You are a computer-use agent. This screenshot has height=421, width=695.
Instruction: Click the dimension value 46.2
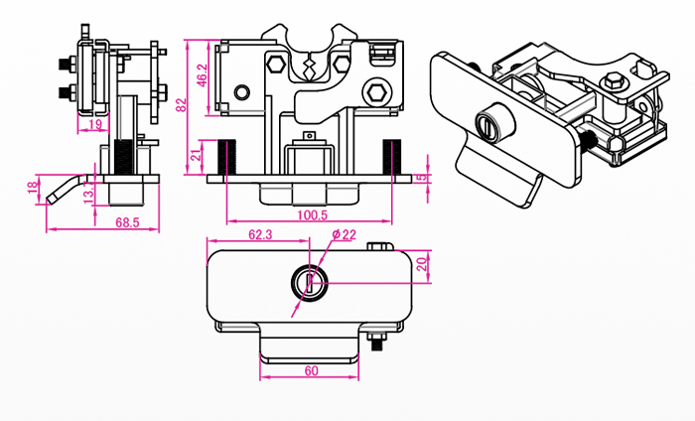202,73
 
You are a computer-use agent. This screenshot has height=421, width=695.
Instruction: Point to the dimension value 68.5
126,222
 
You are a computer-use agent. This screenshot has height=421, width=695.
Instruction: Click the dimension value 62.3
260,234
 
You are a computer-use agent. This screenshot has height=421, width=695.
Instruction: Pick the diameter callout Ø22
345,234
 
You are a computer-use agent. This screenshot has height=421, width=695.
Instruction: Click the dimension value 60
310,369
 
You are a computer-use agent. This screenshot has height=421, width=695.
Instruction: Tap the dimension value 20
422,263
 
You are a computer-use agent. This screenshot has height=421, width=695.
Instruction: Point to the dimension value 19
96,124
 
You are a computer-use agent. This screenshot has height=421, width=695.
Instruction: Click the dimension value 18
34,186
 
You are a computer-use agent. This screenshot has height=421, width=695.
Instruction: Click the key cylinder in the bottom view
310,282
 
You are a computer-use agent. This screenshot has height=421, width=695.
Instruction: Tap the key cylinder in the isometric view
492,125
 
